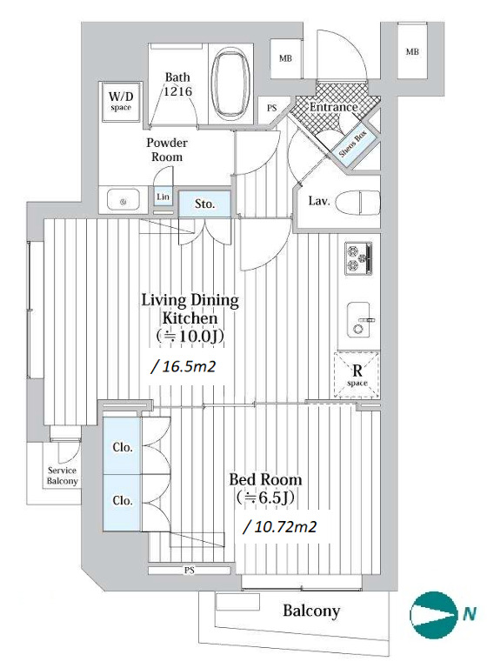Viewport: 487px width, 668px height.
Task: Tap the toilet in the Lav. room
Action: [x=357, y=202]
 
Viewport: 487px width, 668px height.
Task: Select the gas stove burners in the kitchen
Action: [x=358, y=258]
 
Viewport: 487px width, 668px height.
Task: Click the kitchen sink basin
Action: [x=358, y=319]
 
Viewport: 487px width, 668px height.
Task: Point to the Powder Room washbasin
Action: [x=123, y=201]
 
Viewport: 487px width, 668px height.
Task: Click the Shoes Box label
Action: [x=353, y=144]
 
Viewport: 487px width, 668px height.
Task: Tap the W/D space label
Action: [x=121, y=101]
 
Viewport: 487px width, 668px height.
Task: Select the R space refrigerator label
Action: [x=357, y=374]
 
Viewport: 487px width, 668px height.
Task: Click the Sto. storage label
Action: [x=204, y=204]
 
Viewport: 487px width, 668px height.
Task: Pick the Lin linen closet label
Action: [x=163, y=197]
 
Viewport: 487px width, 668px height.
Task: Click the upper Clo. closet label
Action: [x=123, y=447]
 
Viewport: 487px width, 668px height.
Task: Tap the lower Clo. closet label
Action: [x=123, y=500]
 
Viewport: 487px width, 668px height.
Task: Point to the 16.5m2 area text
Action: [x=183, y=366]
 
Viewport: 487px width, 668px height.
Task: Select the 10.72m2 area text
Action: [x=280, y=527]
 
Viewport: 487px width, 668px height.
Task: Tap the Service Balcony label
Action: [x=63, y=476]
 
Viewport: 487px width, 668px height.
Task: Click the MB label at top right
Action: [x=412, y=52]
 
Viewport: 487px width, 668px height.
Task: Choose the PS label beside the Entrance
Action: [x=272, y=108]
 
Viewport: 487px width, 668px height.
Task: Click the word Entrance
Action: [x=333, y=107]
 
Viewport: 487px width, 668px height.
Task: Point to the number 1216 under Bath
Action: [x=178, y=91]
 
